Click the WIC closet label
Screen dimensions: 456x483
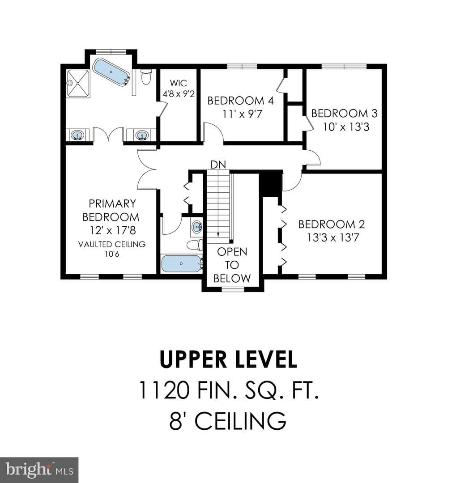click(x=179, y=83)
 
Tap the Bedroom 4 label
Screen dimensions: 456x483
click(x=240, y=101)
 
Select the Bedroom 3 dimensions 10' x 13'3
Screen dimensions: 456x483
click(x=346, y=127)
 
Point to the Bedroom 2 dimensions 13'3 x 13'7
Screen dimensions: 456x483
click(x=333, y=237)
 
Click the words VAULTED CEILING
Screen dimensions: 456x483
click(x=111, y=244)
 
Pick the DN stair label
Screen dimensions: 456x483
click(x=218, y=165)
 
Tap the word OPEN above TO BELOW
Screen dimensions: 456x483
click(x=232, y=252)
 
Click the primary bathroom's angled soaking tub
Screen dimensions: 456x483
click(x=111, y=72)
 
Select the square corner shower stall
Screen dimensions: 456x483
click(x=78, y=84)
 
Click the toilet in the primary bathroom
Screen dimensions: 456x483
click(x=146, y=76)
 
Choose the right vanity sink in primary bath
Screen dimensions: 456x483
click(x=141, y=135)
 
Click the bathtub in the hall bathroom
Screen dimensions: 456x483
click(x=181, y=264)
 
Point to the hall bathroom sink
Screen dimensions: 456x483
click(x=197, y=227)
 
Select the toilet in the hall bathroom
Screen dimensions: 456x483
click(x=195, y=245)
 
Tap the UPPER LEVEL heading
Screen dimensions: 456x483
click(x=229, y=359)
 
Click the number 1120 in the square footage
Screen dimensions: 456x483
click(x=164, y=390)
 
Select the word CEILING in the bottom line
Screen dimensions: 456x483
click(x=241, y=420)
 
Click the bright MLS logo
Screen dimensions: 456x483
click(x=39, y=470)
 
